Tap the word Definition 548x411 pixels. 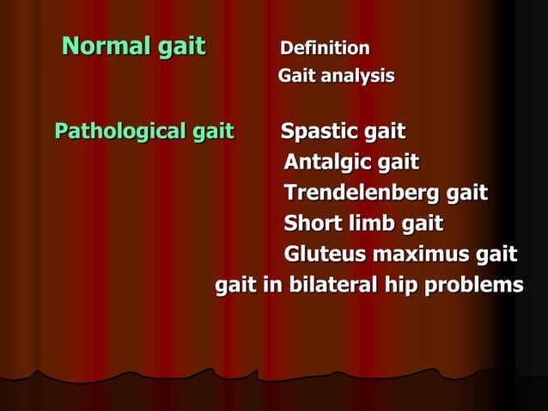point(325,48)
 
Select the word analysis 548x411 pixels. point(356,77)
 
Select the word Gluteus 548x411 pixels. point(323,255)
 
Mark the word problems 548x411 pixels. point(474,285)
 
